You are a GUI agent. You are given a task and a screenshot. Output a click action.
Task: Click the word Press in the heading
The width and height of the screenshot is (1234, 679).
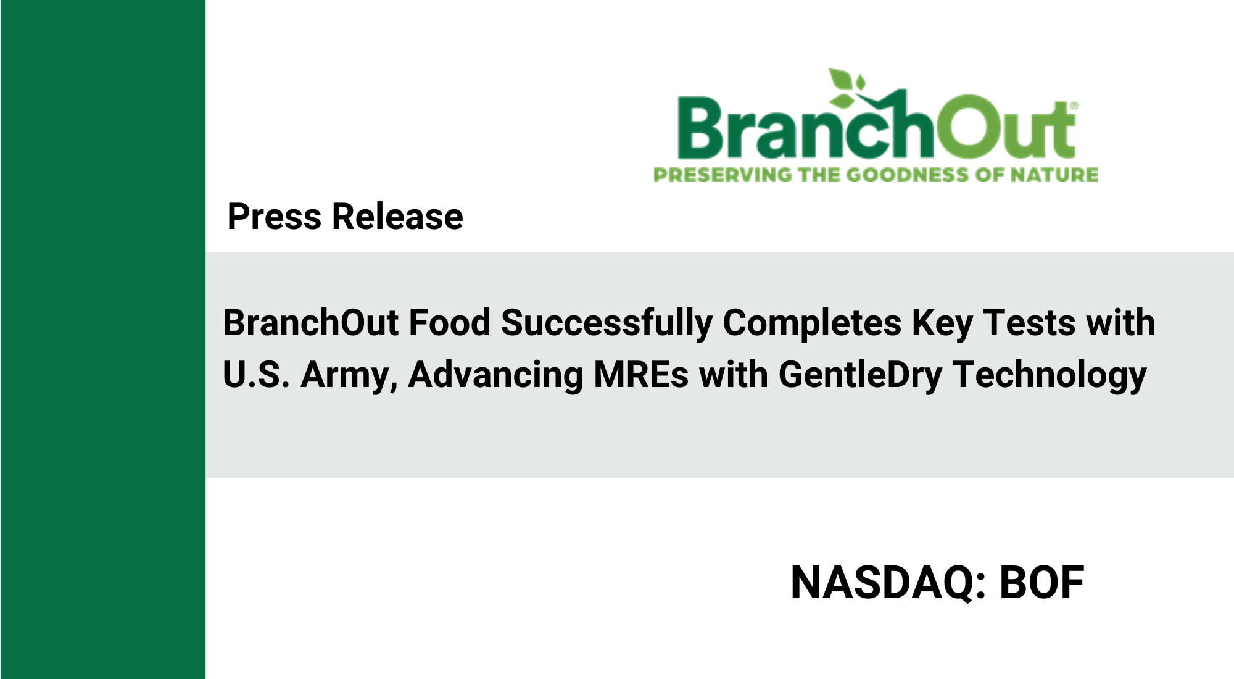pos(274,217)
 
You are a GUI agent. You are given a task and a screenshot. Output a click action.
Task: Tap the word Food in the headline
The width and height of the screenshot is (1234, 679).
pos(449,323)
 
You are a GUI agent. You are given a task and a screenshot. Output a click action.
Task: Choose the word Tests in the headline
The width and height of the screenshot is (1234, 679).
pos(1029,323)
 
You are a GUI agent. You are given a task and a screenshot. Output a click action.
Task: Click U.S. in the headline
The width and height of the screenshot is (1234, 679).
pos(256,375)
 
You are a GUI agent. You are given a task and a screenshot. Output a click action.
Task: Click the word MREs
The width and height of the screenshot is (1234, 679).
pos(640,375)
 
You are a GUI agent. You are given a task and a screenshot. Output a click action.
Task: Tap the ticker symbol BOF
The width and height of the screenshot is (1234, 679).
pos(1041,583)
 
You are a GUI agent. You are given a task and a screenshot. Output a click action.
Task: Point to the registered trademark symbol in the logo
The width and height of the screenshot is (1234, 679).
pos(1074,106)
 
